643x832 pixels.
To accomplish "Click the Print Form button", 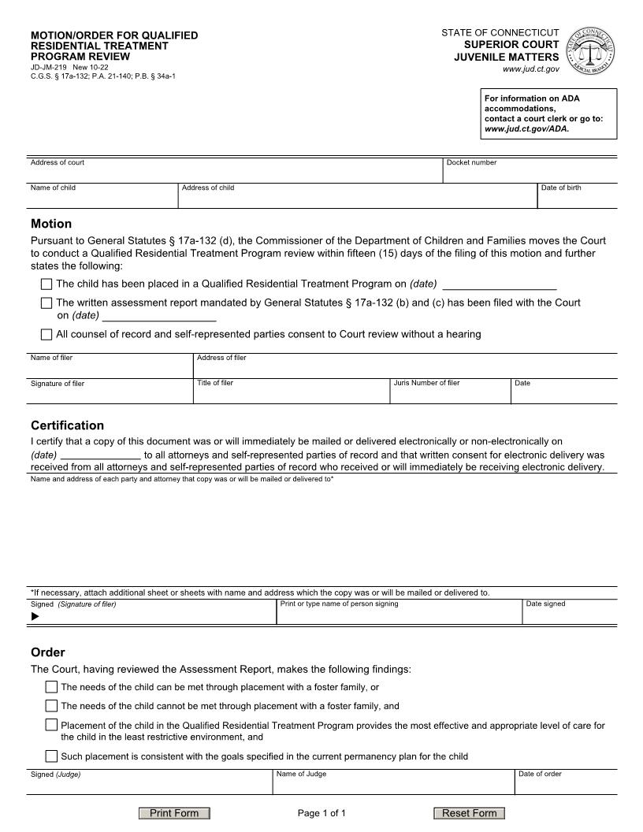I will tap(174, 813).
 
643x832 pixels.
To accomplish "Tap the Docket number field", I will tap(530, 174).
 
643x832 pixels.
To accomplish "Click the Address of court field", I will tap(235, 174).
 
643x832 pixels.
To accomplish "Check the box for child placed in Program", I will tap(46, 284).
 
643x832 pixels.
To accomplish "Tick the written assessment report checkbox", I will tap(46, 303).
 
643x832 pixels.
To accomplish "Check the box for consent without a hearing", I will tap(46, 334).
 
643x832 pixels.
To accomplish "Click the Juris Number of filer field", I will tap(450, 393).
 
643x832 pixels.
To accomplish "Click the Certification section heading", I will tap(67, 425).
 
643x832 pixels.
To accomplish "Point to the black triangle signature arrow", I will tap(35, 617).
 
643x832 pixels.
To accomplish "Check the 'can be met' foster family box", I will tap(51, 687).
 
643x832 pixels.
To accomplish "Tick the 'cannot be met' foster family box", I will tap(51, 706).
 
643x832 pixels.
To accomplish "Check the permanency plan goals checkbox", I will tap(51, 756).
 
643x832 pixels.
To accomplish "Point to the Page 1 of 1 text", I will tap(321, 813).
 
